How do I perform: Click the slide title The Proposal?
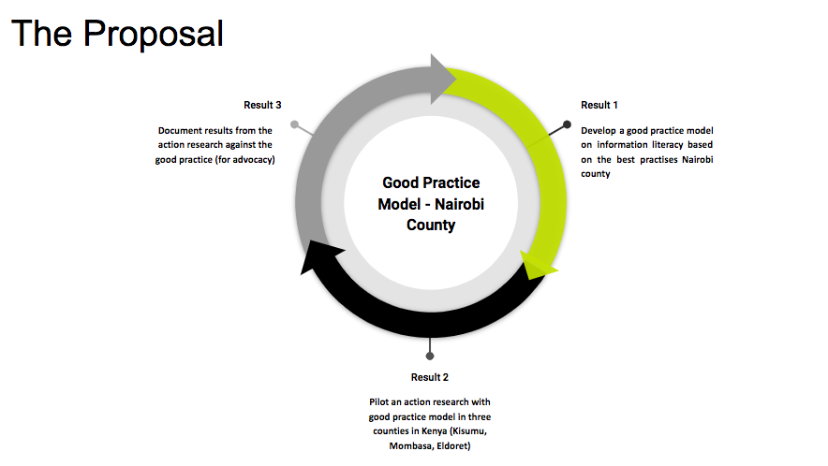pyautogui.click(x=117, y=34)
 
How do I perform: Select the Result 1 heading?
pyautogui.click(x=599, y=105)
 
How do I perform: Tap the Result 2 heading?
pyautogui.click(x=430, y=377)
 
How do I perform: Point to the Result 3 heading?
pyautogui.click(x=262, y=105)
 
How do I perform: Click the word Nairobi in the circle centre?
pyautogui.click(x=459, y=204)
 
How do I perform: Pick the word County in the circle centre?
pyautogui.click(x=431, y=226)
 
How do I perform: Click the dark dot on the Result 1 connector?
pyautogui.click(x=567, y=124)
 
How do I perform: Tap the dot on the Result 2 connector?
pyautogui.click(x=430, y=357)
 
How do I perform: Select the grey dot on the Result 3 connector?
pyautogui.click(x=295, y=124)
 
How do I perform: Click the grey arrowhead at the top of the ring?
pyautogui.click(x=441, y=79)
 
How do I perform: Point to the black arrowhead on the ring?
pyautogui.click(x=318, y=256)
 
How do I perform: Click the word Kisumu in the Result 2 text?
pyautogui.click(x=469, y=431)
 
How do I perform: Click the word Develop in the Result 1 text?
pyautogui.click(x=599, y=131)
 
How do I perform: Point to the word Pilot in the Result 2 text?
pyautogui.click(x=379, y=402)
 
